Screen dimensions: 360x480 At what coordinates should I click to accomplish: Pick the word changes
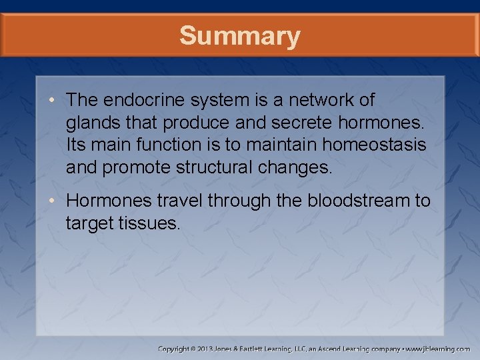tap(297, 167)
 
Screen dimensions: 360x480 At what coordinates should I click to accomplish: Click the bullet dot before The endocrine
tap(54, 101)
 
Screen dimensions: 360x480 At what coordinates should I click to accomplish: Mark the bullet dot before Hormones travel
tap(54, 201)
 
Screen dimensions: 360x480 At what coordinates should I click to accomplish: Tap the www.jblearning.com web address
tap(438, 349)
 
